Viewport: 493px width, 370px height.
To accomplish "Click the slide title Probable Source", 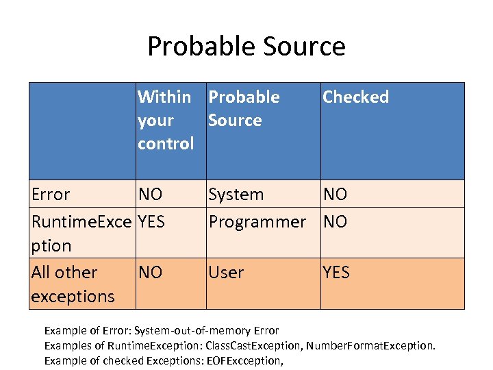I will (x=246, y=46).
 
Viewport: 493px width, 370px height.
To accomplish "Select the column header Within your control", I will (x=166, y=120).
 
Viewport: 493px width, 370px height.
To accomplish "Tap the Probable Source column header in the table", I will (x=244, y=108).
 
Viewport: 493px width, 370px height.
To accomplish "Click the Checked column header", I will (x=355, y=97).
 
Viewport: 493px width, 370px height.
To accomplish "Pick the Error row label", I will (x=51, y=194).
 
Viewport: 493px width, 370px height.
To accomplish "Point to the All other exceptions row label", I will (x=73, y=284).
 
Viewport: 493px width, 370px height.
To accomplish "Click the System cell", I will (x=236, y=194).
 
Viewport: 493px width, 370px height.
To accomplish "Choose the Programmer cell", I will (x=257, y=221).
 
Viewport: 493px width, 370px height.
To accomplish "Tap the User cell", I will (x=226, y=272).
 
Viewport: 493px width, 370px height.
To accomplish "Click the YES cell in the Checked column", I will (x=336, y=272).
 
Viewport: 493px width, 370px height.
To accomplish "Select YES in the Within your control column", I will (x=152, y=221).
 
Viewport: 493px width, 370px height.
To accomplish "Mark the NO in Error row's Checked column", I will (x=335, y=194).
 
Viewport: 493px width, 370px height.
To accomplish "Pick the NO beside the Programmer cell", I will (x=335, y=221).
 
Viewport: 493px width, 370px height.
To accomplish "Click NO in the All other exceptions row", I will (x=150, y=272).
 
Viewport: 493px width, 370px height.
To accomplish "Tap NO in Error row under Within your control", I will (x=150, y=194).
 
